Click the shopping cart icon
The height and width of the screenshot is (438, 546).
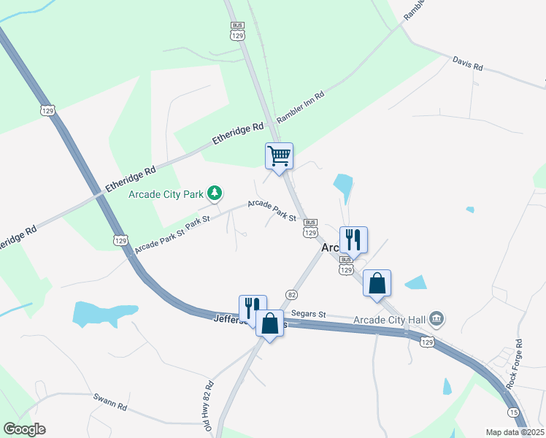point(279,156)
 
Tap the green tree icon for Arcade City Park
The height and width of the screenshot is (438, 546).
point(215,193)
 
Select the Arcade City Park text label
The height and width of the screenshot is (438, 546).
point(165,193)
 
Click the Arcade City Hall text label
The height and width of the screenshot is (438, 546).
point(388,319)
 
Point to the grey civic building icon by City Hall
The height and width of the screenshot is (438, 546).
point(437,318)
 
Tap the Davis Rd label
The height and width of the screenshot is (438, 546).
point(468,64)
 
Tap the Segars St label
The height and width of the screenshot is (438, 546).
point(307,314)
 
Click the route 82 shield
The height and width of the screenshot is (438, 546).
point(291,293)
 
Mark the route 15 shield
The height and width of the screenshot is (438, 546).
point(515,412)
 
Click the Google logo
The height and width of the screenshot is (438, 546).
point(24,429)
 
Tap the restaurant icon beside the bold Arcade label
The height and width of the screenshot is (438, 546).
point(353,239)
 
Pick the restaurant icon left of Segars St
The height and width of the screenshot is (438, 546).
point(253,307)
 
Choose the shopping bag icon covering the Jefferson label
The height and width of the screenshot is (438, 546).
point(269,323)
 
